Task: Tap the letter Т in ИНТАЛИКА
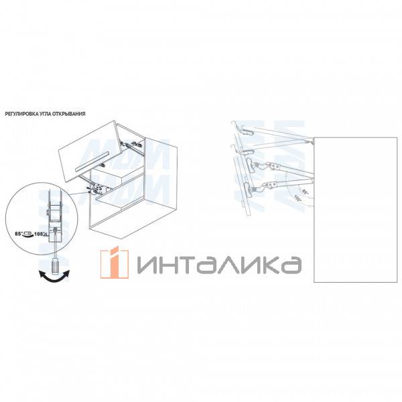point(187,263)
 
